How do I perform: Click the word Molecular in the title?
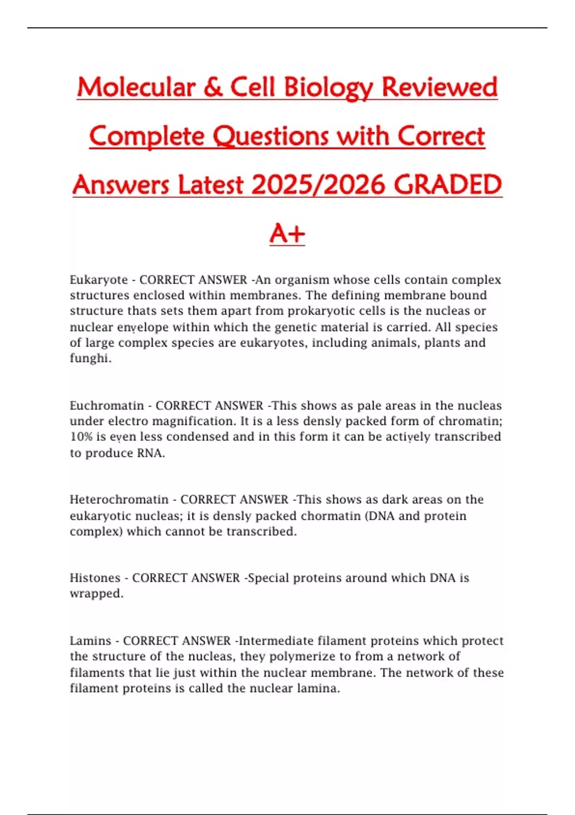(136, 87)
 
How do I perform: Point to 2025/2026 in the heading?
(318, 185)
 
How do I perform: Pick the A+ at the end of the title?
(287, 234)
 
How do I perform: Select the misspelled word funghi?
(91, 359)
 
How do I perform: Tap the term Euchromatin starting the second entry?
(107, 406)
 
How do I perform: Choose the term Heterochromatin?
(119, 500)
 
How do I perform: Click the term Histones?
(95, 578)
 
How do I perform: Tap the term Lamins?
(91, 640)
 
